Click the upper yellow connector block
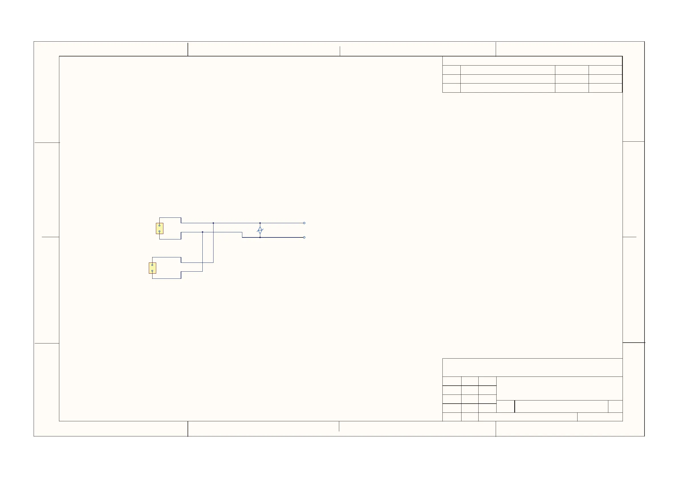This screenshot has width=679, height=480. coord(159,228)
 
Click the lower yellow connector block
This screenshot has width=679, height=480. coord(152,268)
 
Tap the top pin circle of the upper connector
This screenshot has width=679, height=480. coord(159,225)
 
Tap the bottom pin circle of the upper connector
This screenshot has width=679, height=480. coord(159,231)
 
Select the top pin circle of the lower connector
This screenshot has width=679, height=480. coord(152,265)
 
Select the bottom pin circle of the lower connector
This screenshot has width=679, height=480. coord(152,271)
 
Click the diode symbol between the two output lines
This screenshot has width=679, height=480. coord(260,230)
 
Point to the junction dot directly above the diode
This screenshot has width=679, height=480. coord(260,223)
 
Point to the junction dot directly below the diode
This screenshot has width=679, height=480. coord(260,237)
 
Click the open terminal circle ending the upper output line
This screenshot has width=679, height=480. coord(304,223)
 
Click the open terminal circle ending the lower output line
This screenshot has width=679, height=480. coord(304,237)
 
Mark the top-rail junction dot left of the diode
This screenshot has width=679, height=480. coord(213,223)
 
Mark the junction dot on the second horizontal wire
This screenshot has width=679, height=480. coord(203,232)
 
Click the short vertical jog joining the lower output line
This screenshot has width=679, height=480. coord(242,235)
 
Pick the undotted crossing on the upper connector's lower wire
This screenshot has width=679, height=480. coord(213,232)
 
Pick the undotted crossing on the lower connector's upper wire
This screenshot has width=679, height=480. coord(203,262)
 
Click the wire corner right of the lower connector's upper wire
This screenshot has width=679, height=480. coord(213,262)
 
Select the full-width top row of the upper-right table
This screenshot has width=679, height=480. coord(532,61)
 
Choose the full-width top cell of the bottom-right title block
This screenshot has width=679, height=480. coord(532,367)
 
